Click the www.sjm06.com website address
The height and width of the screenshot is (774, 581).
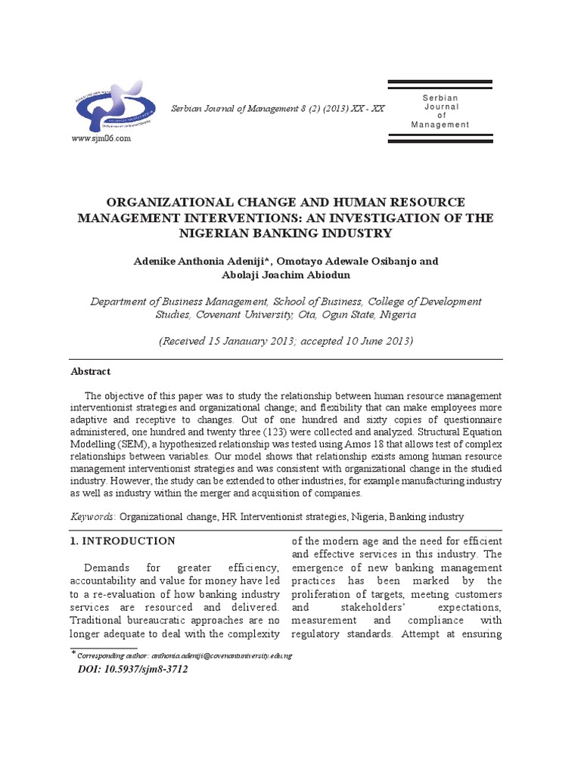[101, 139]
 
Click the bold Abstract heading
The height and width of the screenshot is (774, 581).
[90, 372]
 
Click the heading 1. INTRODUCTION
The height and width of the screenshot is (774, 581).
[123, 541]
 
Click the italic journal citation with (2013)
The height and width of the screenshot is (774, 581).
[277, 109]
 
